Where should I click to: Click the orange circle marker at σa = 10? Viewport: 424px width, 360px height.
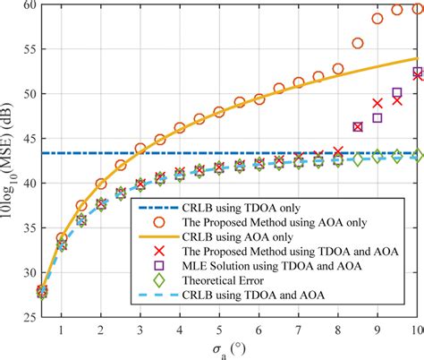tap(417, 7)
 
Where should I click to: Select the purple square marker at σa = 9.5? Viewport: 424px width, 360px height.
tap(397, 93)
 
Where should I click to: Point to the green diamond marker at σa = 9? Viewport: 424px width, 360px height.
tap(377, 157)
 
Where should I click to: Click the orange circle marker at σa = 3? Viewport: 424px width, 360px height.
tap(140, 148)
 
